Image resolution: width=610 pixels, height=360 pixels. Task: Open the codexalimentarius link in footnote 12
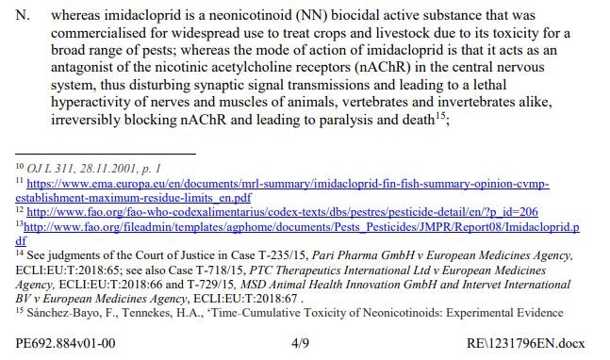pyautogui.click(x=282, y=212)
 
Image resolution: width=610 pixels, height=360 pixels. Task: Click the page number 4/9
pyautogui.click(x=300, y=343)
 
